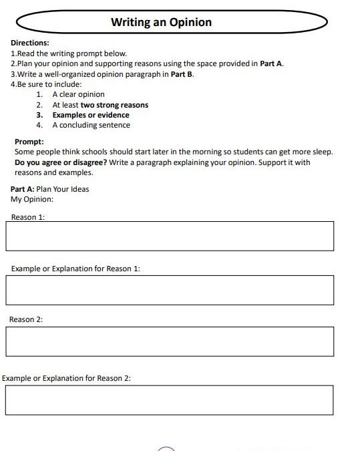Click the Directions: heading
pyautogui.click(x=30, y=43)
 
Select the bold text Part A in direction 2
pyautogui.click(x=271, y=63)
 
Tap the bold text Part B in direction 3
pyautogui.click(x=182, y=74)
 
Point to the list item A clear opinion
pyautogui.click(x=78, y=94)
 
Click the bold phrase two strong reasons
pyautogui.click(x=114, y=105)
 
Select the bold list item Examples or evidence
pyautogui.click(x=91, y=115)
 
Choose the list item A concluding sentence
pyautogui.click(x=91, y=125)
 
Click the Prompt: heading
pyautogui.click(x=29, y=142)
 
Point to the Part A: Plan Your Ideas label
pyautogui.click(x=50, y=189)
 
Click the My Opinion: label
pyautogui.click(x=32, y=199)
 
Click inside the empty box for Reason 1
pyautogui.click(x=169, y=236)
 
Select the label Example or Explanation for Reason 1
pyautogui.click(x=75, y=269)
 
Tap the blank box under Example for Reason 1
pyautogui.click(x=169, y=289)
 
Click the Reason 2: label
pyautogui.click(x=26, y=319)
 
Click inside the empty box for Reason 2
pyautogui.click(x=169, y=341)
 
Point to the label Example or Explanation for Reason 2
pyautogui.click(x=66, y=378)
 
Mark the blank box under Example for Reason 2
pyautogui.click(x=169, y=400)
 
